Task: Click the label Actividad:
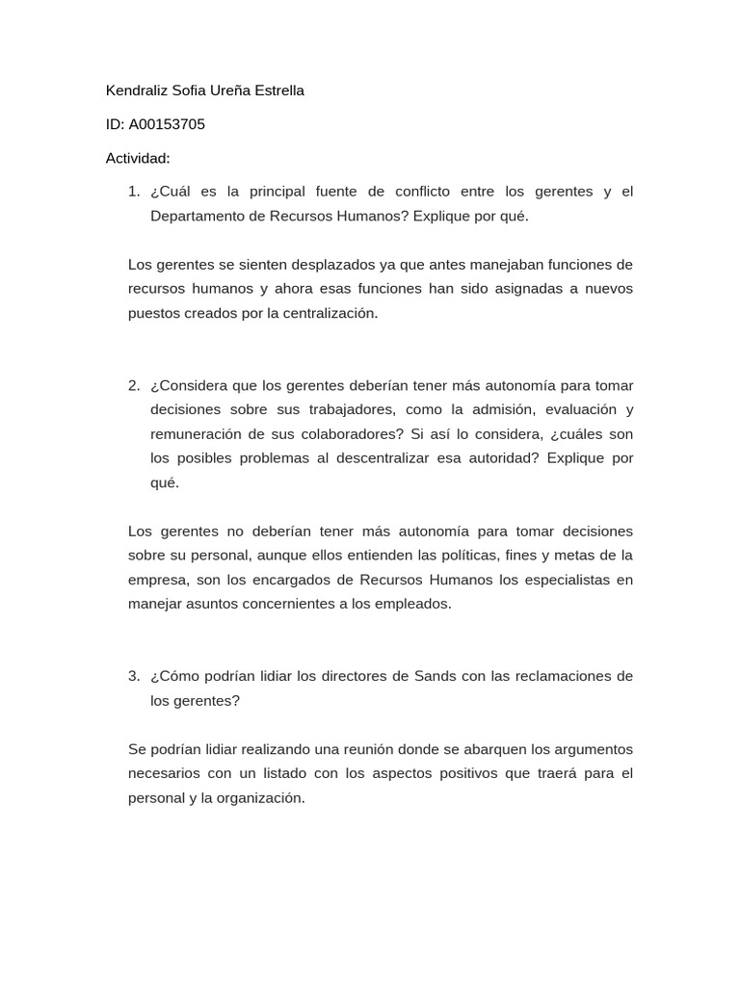138,158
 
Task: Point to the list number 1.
134,192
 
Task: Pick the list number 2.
134,385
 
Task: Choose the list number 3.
134,676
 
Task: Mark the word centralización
330,313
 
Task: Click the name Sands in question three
435,676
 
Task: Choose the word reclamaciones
559,676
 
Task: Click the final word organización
260,797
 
